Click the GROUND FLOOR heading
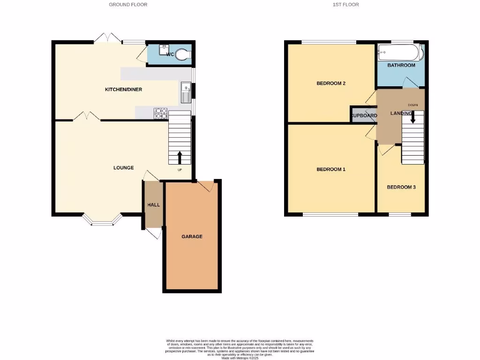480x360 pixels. pos(128,5)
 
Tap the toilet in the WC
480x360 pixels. pos(184,55)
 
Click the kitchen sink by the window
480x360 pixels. pos(185,92)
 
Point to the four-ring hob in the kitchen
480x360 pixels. pos(160,113)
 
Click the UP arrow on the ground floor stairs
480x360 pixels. pos(180,157)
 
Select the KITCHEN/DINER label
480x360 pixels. pos(123,90)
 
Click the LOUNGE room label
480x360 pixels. pos(123,168)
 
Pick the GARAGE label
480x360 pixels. pos(192,237)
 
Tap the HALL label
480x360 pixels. pos(154,205)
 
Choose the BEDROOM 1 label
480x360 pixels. pos(331,169)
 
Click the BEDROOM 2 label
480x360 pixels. pos(331,83)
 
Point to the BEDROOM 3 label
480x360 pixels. pos(401,187)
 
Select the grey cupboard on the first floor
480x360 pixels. pos(363,115)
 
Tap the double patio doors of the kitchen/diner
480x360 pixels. pos(107,38)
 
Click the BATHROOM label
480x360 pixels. pos(401,65)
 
